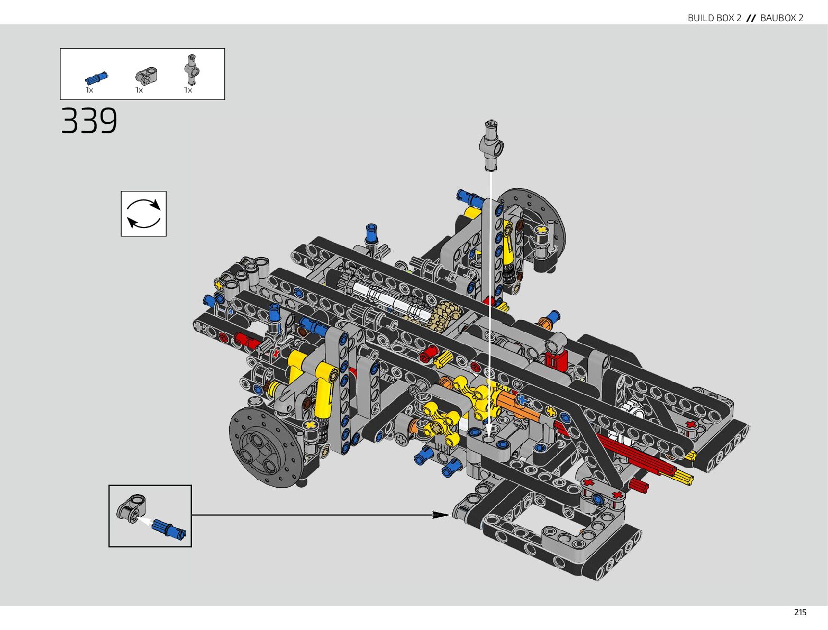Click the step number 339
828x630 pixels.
click(x=89, y=121)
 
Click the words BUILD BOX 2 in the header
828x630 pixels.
click(x=714, y=18)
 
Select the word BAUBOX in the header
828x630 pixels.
click(x=779, y=18)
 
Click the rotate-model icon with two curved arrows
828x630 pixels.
click(x=144, y=214)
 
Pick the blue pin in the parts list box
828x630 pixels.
click(x=97, y=78)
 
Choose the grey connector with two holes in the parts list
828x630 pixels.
click(x=147, y=75)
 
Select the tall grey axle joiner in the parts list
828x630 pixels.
click(x=192, y=69)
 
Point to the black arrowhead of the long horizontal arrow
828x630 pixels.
click(x=441, y=515)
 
